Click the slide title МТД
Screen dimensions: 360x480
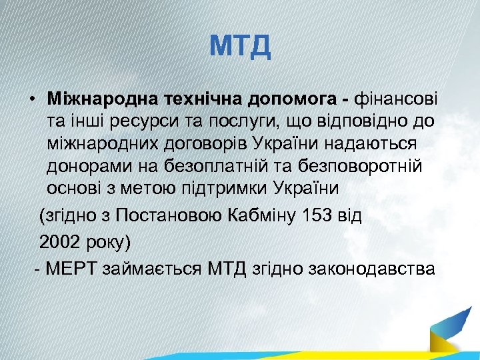240,47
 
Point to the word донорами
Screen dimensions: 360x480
85,166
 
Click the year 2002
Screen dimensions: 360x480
60,241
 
